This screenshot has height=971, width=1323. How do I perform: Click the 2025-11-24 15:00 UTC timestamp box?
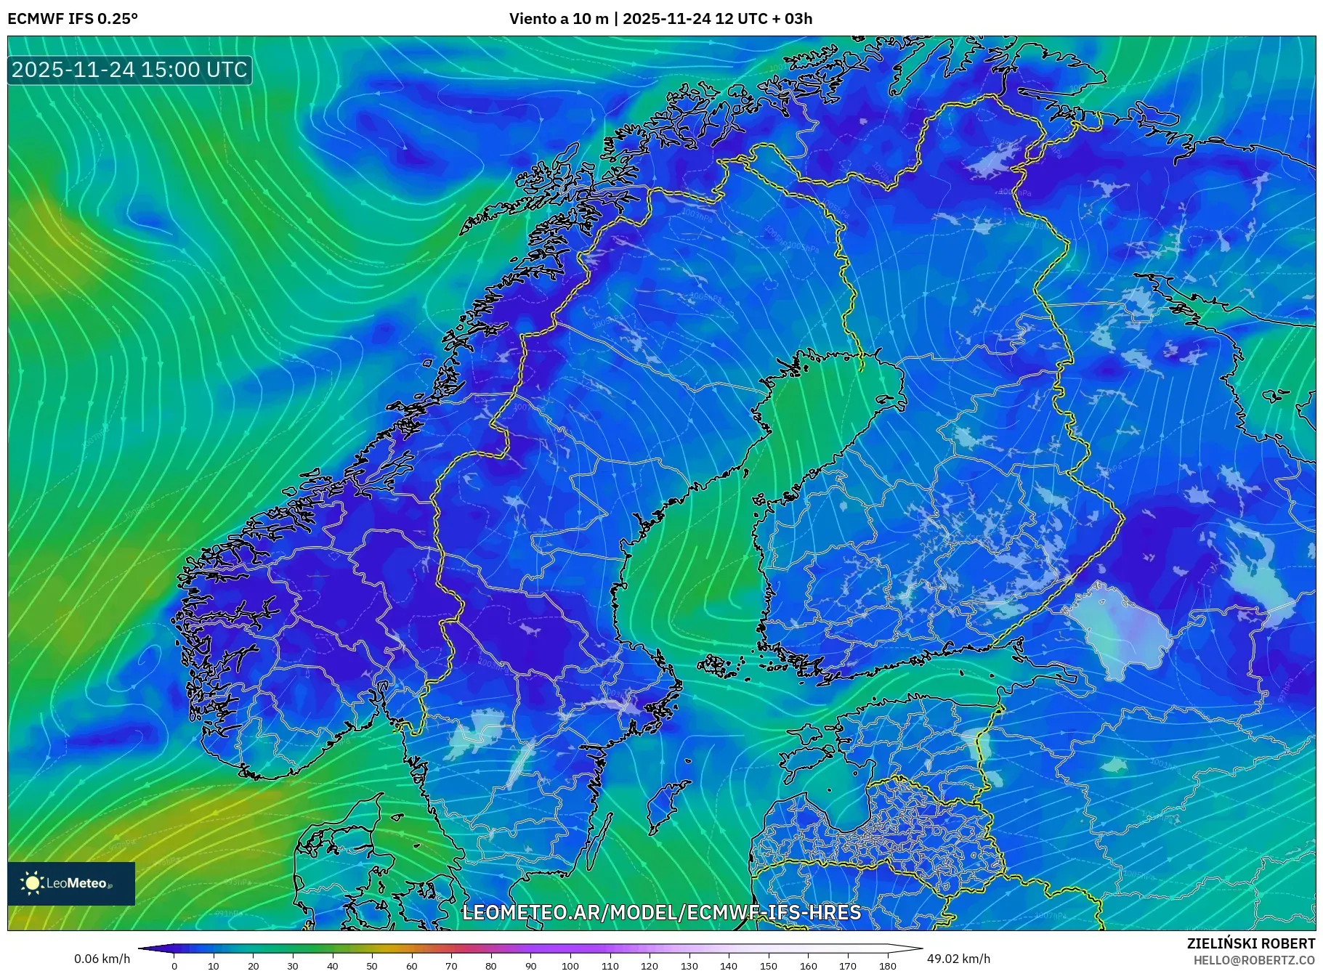point(129,70)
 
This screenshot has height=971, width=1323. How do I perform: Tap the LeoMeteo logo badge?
point(71,883)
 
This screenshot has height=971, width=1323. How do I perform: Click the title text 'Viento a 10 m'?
point(559,19)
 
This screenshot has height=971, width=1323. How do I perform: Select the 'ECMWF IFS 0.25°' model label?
point(73,19)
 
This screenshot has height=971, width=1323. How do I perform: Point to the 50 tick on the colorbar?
point(372,966)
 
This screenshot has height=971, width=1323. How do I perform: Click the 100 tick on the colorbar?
point(570,966)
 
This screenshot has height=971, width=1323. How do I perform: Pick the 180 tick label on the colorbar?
point(887,966)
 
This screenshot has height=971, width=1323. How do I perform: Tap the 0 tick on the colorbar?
point(174,966)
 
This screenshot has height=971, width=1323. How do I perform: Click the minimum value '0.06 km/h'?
point(102,959)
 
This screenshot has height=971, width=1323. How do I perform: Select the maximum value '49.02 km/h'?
point(958,959)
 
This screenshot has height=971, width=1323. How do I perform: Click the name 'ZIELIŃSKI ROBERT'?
point(1250,943)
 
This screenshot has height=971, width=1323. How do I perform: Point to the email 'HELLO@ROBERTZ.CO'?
point(1253,960)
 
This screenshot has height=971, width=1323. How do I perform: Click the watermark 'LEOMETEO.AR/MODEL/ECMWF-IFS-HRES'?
point(661,912)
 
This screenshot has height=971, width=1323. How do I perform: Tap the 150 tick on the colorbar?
point(768,966)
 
